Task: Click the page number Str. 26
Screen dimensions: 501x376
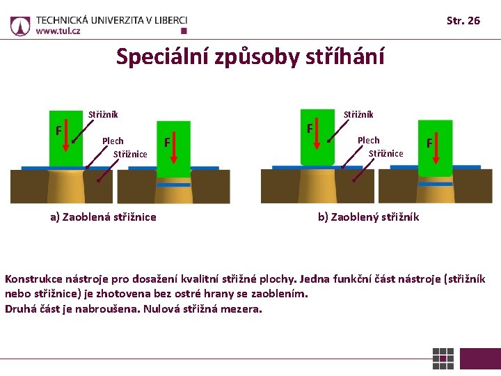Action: click(463, 20)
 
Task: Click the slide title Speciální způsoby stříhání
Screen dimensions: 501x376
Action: click(250, 56)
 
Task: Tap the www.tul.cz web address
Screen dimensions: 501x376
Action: click(58, 31)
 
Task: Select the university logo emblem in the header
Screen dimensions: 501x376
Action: click(20, 26)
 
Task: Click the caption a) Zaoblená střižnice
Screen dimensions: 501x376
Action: click(103, 217)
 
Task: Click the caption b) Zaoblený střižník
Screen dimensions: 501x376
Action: click(368, 217)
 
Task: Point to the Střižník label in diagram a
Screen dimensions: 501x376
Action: click(103, 115)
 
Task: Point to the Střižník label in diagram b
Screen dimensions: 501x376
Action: click(358, 114)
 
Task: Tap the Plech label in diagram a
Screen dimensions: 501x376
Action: click(113, 141)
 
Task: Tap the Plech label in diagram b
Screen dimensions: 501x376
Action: click(368, 140)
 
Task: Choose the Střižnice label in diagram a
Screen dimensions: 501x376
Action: click(130, 154)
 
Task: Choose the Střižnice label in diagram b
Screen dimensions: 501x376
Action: click(385, 153)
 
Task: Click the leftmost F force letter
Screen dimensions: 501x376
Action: click(58, 130)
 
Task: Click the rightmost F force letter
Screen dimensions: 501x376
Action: click(430, 143)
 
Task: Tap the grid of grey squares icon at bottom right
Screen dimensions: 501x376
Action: click(443, 359)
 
